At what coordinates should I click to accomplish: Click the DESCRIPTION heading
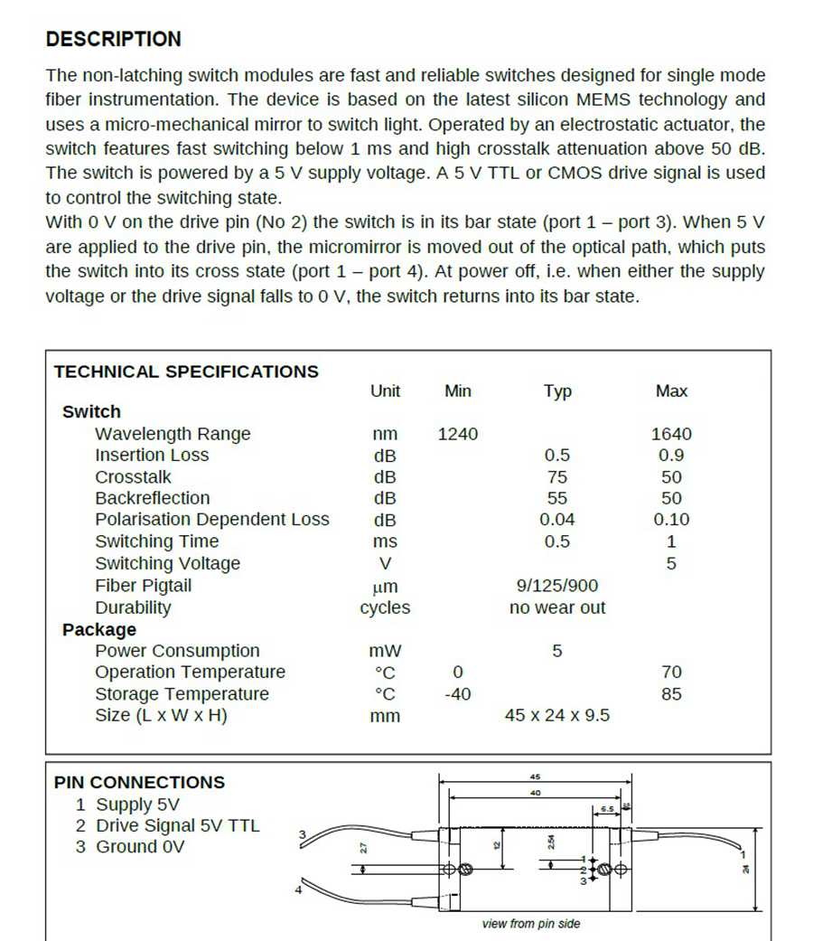113,40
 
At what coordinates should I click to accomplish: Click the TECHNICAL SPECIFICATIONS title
186,372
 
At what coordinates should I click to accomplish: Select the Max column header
671,391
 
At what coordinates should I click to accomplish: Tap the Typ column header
557,391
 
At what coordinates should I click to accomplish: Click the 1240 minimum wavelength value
458,435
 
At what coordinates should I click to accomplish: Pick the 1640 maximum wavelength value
671,435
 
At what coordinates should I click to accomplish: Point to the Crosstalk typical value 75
557,477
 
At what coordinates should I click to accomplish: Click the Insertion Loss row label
152,456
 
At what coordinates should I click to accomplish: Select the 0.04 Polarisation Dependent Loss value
557,520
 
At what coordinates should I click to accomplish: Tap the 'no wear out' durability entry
557,608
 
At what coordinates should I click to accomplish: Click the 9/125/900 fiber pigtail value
557,586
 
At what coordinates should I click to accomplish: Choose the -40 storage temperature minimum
458,695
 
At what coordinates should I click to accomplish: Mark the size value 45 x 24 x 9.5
557,716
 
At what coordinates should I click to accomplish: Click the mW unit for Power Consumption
385,652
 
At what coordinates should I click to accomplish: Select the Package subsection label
99,630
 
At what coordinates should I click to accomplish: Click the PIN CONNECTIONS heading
139,783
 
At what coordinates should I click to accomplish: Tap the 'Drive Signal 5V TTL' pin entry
177,825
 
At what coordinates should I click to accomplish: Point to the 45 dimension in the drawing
535,776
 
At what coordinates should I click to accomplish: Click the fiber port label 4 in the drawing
298,890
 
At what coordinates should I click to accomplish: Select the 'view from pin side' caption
531,924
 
